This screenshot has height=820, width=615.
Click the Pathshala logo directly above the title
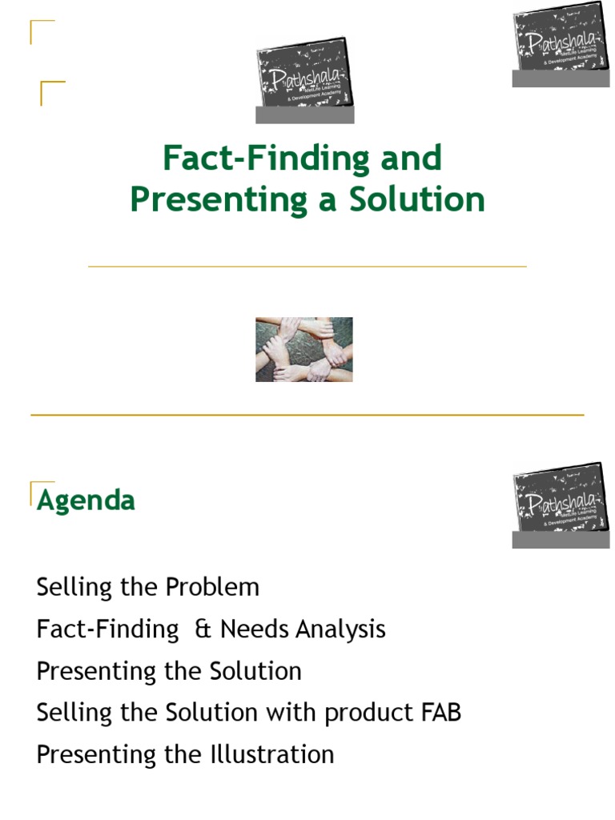[304, 79]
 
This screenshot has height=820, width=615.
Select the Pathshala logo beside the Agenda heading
[561, 504]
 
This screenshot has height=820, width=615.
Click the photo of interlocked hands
[304, 349]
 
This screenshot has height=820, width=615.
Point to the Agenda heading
[86, 501]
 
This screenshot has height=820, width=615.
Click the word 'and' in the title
[411, 159]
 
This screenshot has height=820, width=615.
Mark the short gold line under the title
[307, 266]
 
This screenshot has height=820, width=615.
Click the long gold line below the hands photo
[307, 415]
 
